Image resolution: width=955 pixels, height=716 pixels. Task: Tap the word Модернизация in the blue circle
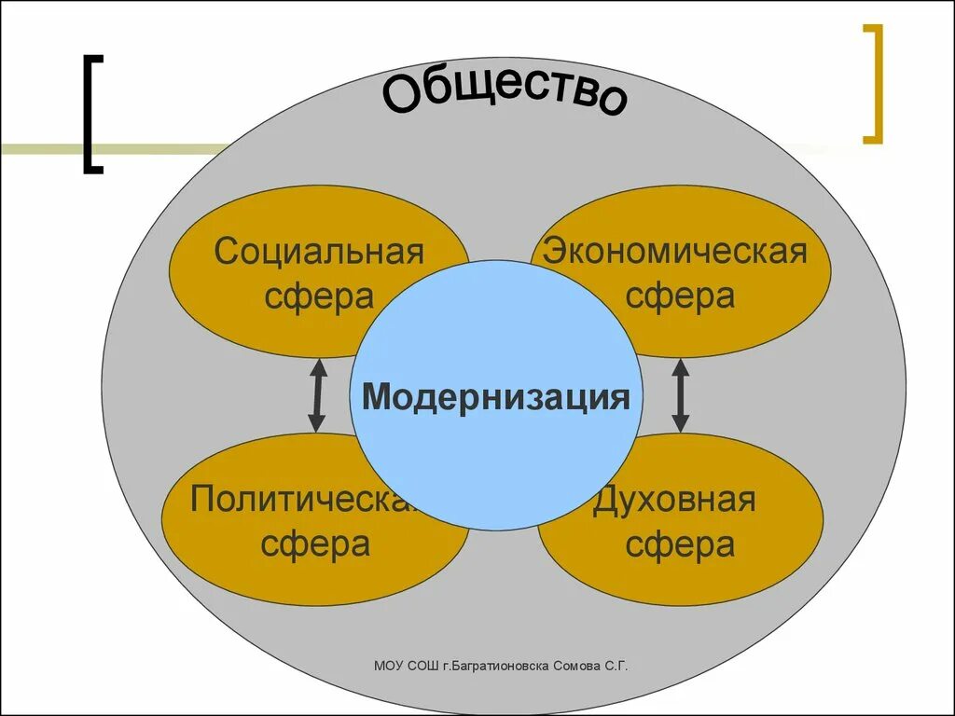496,397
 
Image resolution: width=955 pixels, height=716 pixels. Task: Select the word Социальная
319,252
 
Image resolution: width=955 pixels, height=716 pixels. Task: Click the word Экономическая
676,252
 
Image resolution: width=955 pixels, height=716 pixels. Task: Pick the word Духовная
673,500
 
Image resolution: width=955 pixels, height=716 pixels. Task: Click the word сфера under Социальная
319,296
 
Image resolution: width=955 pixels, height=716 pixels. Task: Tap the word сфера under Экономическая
680,296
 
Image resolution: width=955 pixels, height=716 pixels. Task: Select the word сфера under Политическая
315,544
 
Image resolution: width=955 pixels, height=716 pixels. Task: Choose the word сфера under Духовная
680,544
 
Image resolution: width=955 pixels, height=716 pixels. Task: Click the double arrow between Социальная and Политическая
317,395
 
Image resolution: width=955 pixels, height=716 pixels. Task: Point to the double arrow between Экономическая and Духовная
680,395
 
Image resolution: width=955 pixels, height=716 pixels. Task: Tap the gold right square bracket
873,85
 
